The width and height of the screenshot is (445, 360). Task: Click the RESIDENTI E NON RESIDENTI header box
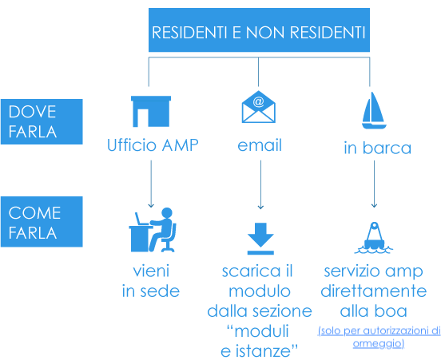pos(259,30)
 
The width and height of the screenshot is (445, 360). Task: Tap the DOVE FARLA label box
pos(42,121)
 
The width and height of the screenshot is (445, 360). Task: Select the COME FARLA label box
pos(42,222)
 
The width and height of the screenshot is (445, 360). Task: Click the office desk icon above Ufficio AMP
pos(151,112)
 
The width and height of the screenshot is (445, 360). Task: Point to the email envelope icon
pos(259,107)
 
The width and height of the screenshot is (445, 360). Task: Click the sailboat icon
pos(374,110)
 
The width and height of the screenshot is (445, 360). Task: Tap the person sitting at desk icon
pos(153,230)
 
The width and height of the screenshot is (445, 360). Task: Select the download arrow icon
pos(260,239)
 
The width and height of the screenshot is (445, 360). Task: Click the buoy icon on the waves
pos(374,238)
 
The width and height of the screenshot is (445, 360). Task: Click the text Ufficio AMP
pos(153,145)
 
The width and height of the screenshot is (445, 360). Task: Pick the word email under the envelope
pos(260,145)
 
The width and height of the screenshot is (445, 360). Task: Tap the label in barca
pos(377,148)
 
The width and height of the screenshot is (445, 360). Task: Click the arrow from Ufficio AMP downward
pos(151,184)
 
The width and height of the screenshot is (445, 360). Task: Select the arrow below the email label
pos(260,184)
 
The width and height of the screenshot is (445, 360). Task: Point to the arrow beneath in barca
pos(374,184)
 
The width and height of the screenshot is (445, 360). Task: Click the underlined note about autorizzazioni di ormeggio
pos(379,337)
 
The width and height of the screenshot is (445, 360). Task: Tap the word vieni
pos(151,271)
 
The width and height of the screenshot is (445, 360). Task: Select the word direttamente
pos(374,291)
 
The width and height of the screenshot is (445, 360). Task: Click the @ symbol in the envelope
pos(258,101)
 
